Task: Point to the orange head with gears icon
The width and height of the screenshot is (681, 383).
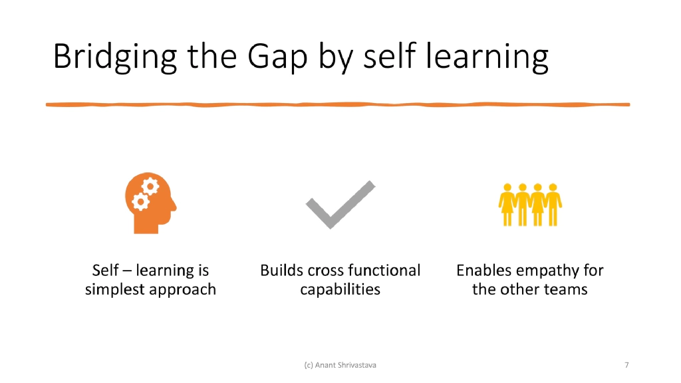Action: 150,203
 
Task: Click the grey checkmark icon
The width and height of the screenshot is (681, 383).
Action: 340,205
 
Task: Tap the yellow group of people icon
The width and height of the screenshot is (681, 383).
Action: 530,204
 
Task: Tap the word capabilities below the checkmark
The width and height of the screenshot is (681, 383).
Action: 340,290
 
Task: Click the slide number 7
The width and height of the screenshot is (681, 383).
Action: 626,364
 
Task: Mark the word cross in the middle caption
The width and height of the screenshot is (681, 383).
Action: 324,271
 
